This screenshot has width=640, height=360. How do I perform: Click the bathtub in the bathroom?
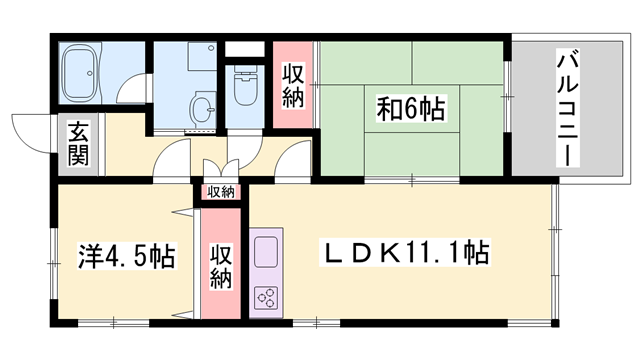81,72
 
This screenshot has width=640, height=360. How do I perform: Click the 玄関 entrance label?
78,143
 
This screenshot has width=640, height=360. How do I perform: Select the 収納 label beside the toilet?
292,85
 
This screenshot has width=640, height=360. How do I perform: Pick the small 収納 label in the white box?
222,191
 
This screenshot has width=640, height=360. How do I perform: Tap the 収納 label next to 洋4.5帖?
221,265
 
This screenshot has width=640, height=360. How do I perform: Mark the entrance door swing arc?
28,132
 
